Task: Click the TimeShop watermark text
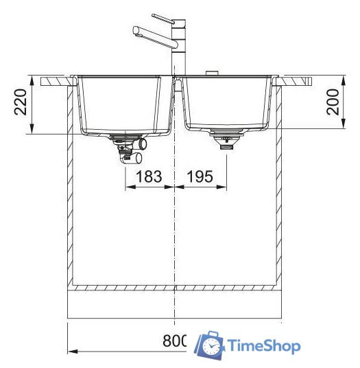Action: point(263,345)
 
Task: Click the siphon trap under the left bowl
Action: point(131,150)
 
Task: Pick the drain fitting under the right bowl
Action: point(226,140)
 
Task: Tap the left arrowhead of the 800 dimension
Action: point(71,351)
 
